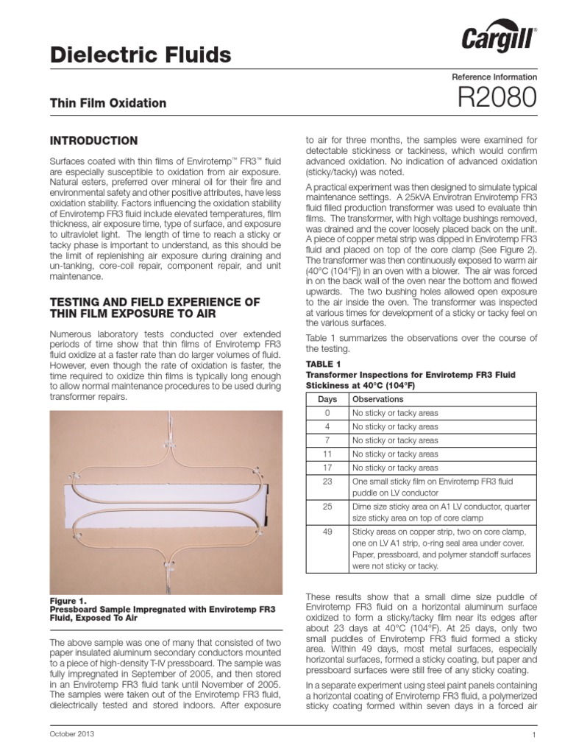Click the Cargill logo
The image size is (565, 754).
pyautogui.click(x=499, y=39)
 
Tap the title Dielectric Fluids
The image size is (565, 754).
pyautogui.click(x=140, y=54)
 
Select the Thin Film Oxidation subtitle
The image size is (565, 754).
pyautogui.click(x=107, y=103)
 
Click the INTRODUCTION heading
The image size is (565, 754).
pyautogui.click(x=93, y=140)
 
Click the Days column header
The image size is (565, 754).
pyautogui.click(x=327, y=398)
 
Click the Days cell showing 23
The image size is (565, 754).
pyautogui.click(x=327, y=482)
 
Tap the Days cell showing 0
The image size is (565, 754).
pyautogui.click(x=327, y=412)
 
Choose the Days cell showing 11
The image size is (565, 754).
pyautogui.click(x=327, y=454)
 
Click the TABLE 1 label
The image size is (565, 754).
pyautogui.click(x=323, y=364)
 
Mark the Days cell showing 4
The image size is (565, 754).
pyautogui.click(x=327, y=426)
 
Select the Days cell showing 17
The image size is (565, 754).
pyautogui.click(x=327, y=468)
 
